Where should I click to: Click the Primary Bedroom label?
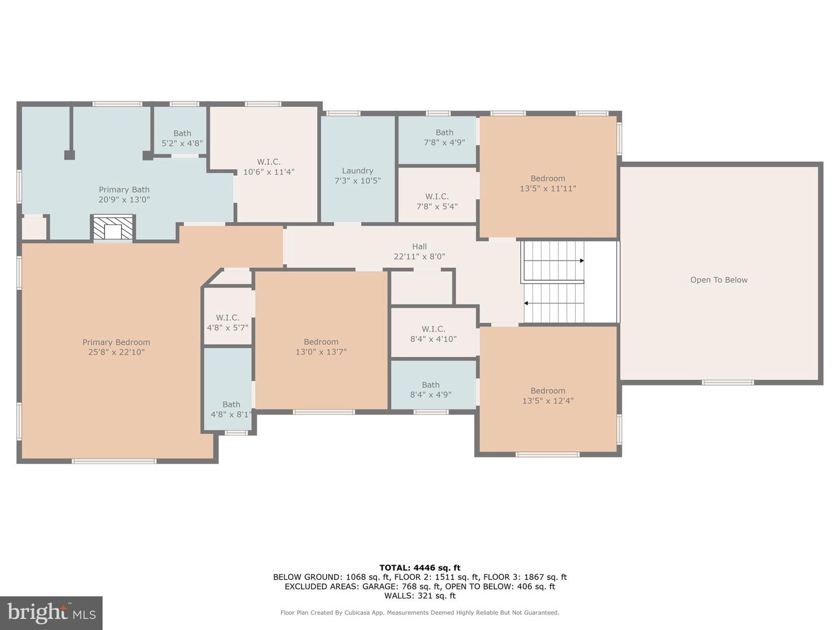click(116, 342)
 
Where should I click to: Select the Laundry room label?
click(358, 171)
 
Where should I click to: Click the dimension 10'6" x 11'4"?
click(268, 172)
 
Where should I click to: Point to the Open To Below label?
click(719, 280)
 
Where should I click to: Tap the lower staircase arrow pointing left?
click(527, 303)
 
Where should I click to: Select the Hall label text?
click(419, 247)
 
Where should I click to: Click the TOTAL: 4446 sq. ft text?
click(419, 568)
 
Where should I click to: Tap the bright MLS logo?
click(51, 612)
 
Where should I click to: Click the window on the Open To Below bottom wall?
click(727, 383)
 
